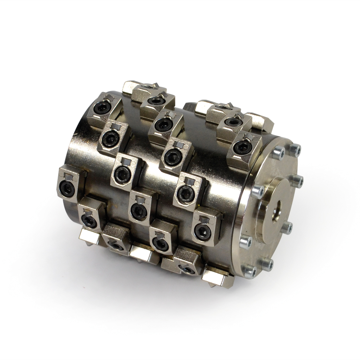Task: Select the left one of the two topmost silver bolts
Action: (x=278, y=153)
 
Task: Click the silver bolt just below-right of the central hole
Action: (x=287, y=228)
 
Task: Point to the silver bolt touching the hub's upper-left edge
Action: (x=257, y=192)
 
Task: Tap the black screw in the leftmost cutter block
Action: (x=67, y=188)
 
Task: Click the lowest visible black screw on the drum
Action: (x=189, y=269)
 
